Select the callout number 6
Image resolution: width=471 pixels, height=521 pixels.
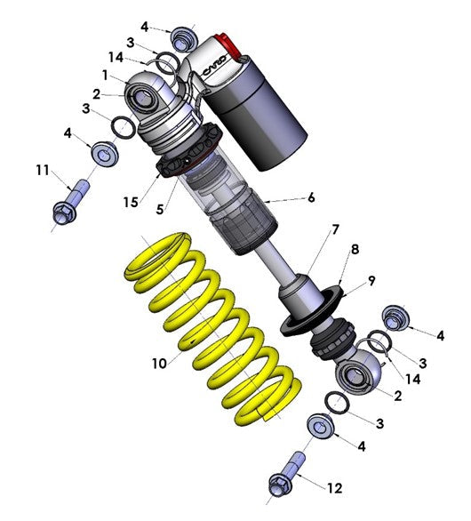click(312, 199)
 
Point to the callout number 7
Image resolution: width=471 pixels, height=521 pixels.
click(336, 229)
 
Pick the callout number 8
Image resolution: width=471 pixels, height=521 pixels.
click(355, 250)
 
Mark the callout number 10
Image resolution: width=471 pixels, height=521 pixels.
click(158, 363)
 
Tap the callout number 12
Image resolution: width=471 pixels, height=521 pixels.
click(335, 488)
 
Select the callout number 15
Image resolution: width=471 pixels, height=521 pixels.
click(131, 204)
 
